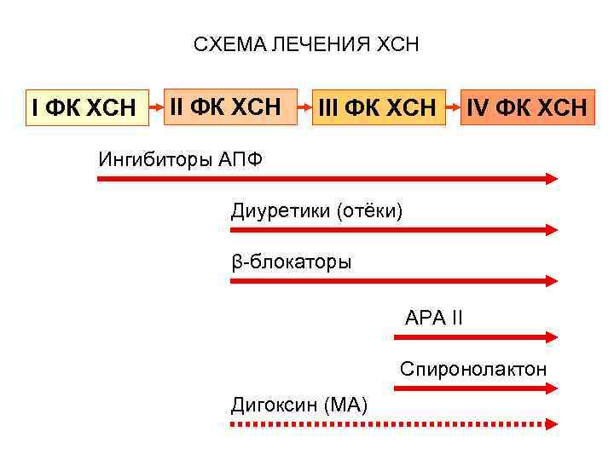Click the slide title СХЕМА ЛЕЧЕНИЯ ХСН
pyautogui.click(x=306, y=44)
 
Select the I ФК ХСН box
pyautogui.click(x=84, y=108)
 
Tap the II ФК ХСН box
pyautogui.click(x=225, y=106)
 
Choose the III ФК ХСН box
pyautogui.click(x=377, y=108)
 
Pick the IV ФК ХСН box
pyautogui.click(x=525, y=108)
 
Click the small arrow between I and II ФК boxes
pyautogui.click(x=156, y=108)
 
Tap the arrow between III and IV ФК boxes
pyautogui.click(x=455, y=108)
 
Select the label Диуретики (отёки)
pyautogui.click(x=316, y=210)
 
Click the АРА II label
pyautogui.click(x=434, y=319)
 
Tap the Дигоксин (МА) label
pyautogui.click(x=299, y=404)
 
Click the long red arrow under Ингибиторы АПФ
pyautogui.click(x=328, y=179)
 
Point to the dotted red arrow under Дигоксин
pyautogui.click(x=395, y=423)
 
